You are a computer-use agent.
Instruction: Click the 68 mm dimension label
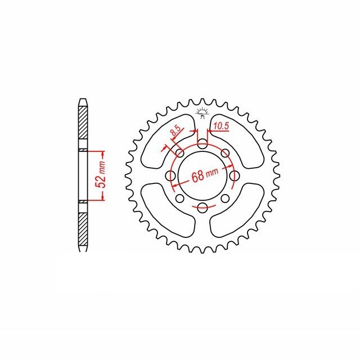(205, 174)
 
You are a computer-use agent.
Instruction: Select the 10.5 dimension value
(221, 126)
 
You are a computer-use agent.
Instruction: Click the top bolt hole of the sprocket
(202, 144)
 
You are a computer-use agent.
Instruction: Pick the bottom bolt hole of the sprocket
(202, 208)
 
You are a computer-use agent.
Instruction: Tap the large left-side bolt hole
(170, 176)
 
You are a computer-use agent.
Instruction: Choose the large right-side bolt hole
(235, 176)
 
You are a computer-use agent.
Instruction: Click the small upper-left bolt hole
(180, 153)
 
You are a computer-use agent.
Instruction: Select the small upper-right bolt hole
(225, 153)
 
